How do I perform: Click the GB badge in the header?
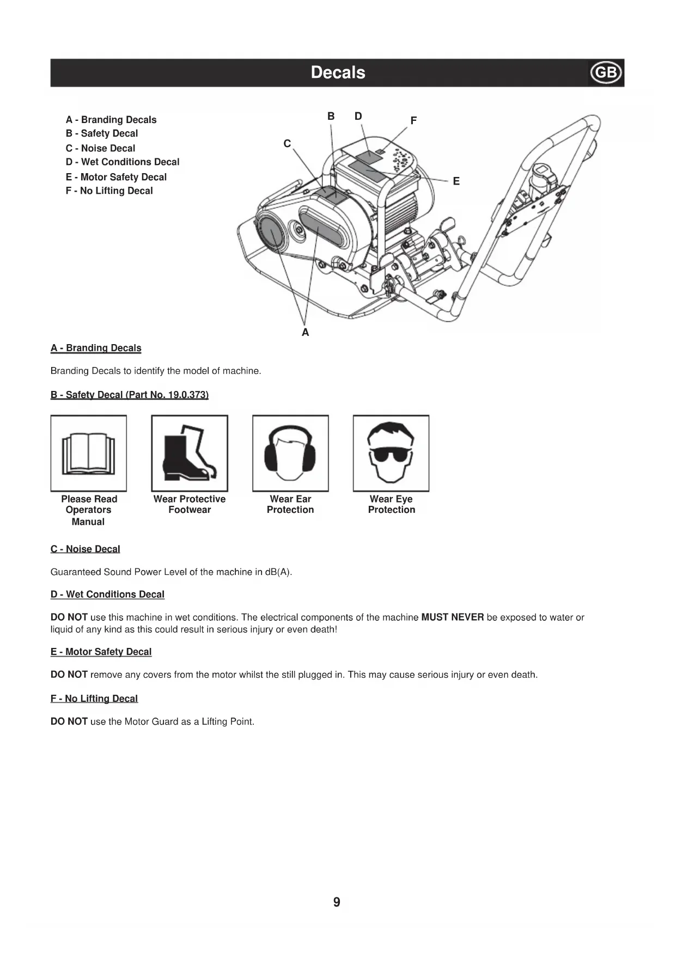(x=606, y=73)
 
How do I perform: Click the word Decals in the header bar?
(x=338, y=72)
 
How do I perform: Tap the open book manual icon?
(x=88, y=453)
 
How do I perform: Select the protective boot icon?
(x=189, y=453)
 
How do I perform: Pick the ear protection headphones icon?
(x=290, y=453)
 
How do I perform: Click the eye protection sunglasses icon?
(x=391, y=453)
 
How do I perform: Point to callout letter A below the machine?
(x=305, y=332)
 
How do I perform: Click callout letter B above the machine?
(x=331, y=116)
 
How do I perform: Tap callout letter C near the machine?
(x=287, y=143)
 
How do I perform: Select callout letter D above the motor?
(x=358, y=116)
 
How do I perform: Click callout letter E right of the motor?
(x=456, y=181)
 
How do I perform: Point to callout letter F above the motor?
(x=413, y=120)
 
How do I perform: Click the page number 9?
(x=337, y=902)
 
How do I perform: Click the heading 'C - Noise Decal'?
(x=85, y=549)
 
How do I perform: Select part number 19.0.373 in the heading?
(x=187, y=395)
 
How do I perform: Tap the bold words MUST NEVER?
(x=452, y=617)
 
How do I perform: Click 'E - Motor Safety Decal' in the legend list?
(x=116, y=177)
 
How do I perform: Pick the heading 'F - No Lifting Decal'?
(x=94, y=699)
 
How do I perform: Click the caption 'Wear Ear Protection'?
(x=290, y=504)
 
